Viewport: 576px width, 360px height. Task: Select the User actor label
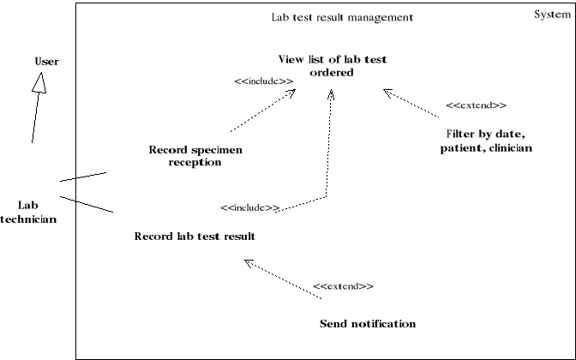[x=46, y=61]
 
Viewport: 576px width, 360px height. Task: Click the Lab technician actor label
[x=29, y=212]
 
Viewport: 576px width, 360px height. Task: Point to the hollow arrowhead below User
[x=38, y=81]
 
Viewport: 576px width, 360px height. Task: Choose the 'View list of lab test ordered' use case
[x=333, y=65]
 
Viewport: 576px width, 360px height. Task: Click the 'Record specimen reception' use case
[x=195, y=156]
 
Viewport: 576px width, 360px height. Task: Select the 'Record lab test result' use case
[x=195, y=236]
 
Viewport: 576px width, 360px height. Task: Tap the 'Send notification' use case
[x=367, y=324]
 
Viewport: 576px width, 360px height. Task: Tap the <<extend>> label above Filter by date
[x=476, y=105]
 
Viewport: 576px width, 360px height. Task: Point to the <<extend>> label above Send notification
[x=343, y=285]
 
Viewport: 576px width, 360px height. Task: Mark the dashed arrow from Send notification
[x=283, y=279]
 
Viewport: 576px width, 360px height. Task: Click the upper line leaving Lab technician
[x=83, y=177]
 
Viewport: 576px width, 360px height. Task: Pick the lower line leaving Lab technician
[x=86, y=204]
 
